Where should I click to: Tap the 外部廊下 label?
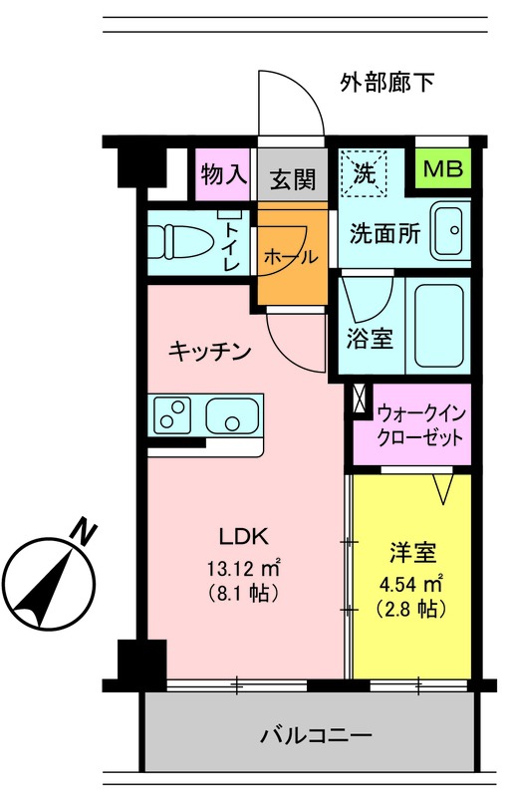click(x=385, y=83)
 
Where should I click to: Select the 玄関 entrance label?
click(x=293, y=179)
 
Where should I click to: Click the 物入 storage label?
click(x=222, y=175)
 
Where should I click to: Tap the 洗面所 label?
click(x=383, y=235)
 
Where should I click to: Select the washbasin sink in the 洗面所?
click(x=450, y=230)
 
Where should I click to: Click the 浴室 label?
click(x=369, y=339)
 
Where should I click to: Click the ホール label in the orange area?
click(x=291, y=256)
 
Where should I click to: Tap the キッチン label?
click(x=208, y=351)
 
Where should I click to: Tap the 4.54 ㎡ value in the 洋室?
click(x=410, y=582)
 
